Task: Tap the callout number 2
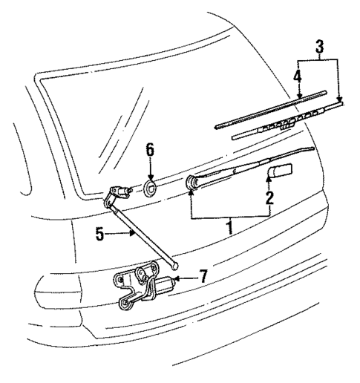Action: pos(270,198)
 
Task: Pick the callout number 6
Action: pos(149,150)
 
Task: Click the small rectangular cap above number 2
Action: pos(279,172)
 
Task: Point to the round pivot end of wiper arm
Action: pos(194,181)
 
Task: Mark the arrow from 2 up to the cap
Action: pos(269,183)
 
